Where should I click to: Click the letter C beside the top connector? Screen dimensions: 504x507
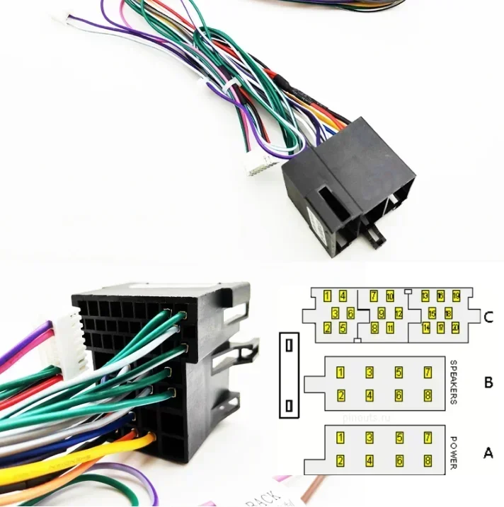click(488, 317)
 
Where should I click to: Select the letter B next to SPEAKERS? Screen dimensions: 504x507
click(488, 383)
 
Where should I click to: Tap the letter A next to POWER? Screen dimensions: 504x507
click(488, 451)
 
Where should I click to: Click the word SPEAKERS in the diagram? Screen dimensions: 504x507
click(454, 382)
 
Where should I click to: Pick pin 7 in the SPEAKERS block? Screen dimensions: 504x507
click(428, 372)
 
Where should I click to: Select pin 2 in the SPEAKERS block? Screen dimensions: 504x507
click(340, 396)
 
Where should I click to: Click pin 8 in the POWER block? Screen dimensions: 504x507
click(428, 461)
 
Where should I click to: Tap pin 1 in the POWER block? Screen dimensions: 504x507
click(340, 438)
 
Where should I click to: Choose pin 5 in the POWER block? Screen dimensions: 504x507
click(399, 438)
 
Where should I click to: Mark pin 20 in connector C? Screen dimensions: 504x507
click(455, 327)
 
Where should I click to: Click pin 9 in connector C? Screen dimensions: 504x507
click(382, 312)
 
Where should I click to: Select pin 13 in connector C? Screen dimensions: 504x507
click(425, 296)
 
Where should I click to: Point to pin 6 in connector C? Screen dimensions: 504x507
click(350, 312)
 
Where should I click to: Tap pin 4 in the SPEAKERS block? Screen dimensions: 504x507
click(370, 396)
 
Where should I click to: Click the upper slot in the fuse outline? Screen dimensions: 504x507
click(289, 346)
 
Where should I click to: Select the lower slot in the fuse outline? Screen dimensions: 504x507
click(289, 406)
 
